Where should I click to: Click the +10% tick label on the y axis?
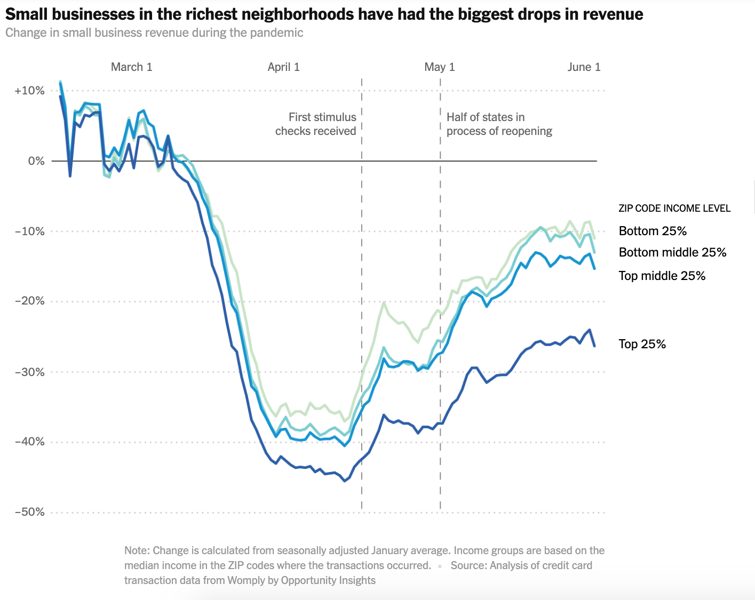[x=29, y=91]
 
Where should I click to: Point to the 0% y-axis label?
[x=36, y=161]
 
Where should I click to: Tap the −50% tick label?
[x=29, y=512]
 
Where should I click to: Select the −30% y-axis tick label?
[x=29, y=372]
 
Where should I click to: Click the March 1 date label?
[x=131, y=67]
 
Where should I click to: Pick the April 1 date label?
[x=283, y=67]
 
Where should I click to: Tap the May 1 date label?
[x=440, y=67]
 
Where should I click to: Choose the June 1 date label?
[x=584, y=67]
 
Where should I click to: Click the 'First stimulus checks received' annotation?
[x=316, y=124]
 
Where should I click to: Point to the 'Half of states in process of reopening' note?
[x=499, y=124]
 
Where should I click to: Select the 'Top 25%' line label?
[x=642, y=344]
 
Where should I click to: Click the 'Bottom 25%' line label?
[x=653, y=231]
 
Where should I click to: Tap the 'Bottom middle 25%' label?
[x=672, y=252]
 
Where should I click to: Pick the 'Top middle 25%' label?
[x=662, y=276]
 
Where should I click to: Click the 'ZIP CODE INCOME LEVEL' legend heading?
[x=674, y=209]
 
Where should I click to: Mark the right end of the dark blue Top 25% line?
[x=594, y=346]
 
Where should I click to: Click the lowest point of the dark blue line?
[x=345, y=481]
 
